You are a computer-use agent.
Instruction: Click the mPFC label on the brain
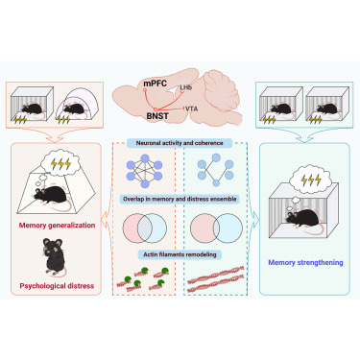155,84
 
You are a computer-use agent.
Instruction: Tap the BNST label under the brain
157,116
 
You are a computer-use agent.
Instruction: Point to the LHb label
185,87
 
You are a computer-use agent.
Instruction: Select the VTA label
191,109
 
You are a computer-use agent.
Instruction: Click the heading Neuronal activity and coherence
180,143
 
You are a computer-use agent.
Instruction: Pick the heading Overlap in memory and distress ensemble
180,199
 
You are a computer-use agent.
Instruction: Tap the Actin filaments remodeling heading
180,254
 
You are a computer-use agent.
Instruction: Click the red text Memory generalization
57,226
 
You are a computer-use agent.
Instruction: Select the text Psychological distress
57,286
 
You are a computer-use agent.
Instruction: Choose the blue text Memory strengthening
305,263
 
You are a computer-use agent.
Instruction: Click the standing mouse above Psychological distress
54,257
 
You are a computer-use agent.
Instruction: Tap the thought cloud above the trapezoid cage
60,164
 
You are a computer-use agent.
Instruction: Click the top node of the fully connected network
145,158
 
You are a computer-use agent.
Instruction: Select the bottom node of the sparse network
216,183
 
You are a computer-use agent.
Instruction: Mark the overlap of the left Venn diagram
145,228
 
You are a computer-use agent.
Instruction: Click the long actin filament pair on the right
216,278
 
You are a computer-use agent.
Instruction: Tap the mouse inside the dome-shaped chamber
74,108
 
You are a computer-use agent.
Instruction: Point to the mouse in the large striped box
302,218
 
